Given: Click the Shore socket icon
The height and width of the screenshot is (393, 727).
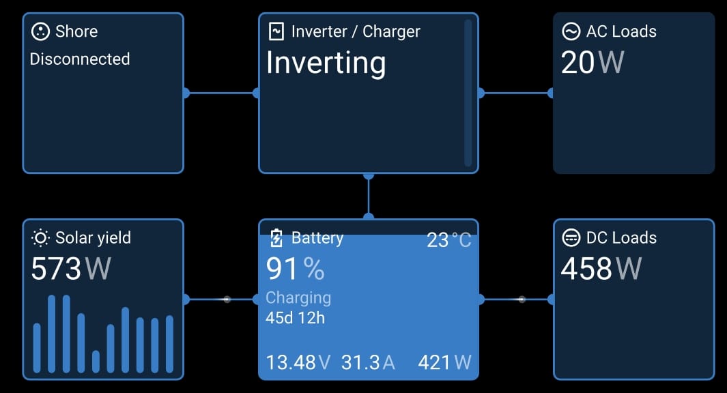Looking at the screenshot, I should [41, 31].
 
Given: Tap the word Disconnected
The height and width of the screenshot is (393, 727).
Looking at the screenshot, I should [80, 59].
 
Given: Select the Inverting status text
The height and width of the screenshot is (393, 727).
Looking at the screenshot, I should [326, 63].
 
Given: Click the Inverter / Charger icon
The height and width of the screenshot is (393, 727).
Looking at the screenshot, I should [276, 31].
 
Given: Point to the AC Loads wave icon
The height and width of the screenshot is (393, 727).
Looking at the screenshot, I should [571, 31].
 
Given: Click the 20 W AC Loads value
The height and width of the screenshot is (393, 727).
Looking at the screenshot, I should [592, 63].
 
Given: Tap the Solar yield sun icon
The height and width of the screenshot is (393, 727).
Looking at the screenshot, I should [41, 238].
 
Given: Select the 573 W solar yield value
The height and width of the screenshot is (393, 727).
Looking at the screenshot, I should [71, 269].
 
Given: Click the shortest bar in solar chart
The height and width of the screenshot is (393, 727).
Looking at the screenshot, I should [96, 361].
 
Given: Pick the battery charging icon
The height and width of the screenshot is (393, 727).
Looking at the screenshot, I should [276, 238].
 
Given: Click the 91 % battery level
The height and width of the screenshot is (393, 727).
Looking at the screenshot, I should [295, 270].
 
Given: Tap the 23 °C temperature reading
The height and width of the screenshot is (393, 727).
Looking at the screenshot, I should [448, 240].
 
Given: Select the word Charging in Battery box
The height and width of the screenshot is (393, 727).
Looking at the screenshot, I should [298, 298].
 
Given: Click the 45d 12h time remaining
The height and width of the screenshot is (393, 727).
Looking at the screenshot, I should [295, 318].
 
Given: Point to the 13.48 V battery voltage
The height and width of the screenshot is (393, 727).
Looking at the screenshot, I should [298, 362].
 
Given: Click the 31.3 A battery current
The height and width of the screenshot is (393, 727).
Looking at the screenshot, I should [368, 362].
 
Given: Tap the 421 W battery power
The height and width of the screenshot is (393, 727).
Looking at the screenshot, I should [444, 362].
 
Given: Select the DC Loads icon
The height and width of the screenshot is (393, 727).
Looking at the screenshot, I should [571, 238].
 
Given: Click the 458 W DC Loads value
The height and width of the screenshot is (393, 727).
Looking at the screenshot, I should [601, 269].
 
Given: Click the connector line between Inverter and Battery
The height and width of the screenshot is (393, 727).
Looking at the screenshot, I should [369, 196].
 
